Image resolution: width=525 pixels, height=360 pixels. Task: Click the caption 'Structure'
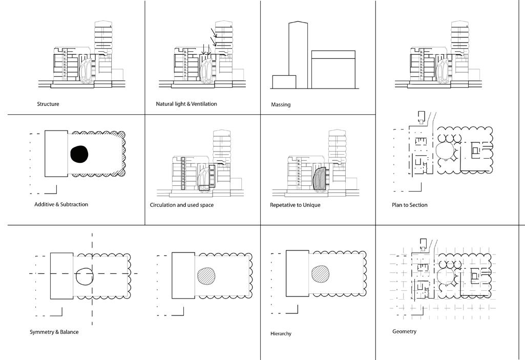click(x=48, y=104)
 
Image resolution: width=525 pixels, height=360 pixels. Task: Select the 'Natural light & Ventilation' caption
click(x=186, y=104)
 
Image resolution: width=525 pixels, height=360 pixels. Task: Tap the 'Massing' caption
click(x=281, y=104)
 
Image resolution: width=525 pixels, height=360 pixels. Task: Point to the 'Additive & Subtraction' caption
click(x=61, y=204)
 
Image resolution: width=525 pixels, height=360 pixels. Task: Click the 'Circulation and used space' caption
click(x=182, y=205)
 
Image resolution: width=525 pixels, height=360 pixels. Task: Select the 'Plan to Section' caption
click(x=410, y=205)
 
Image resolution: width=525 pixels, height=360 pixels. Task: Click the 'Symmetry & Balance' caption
click(x=54, y=332)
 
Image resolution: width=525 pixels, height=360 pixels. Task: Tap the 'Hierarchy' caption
click(x=281, y=334)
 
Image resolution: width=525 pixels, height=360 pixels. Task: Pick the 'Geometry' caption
click(x=404, y=331)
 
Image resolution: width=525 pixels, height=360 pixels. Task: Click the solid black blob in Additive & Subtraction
click(x=79, y=154)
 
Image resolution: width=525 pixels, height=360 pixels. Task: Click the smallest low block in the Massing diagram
click(x=284, y=82)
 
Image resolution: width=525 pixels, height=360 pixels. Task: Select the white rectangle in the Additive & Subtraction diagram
click(x=56, y=154)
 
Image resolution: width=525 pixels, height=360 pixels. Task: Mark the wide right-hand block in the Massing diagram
click(x=333, y=69)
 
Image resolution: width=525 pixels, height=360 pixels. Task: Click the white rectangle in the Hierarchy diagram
click(x=297, y=272)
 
